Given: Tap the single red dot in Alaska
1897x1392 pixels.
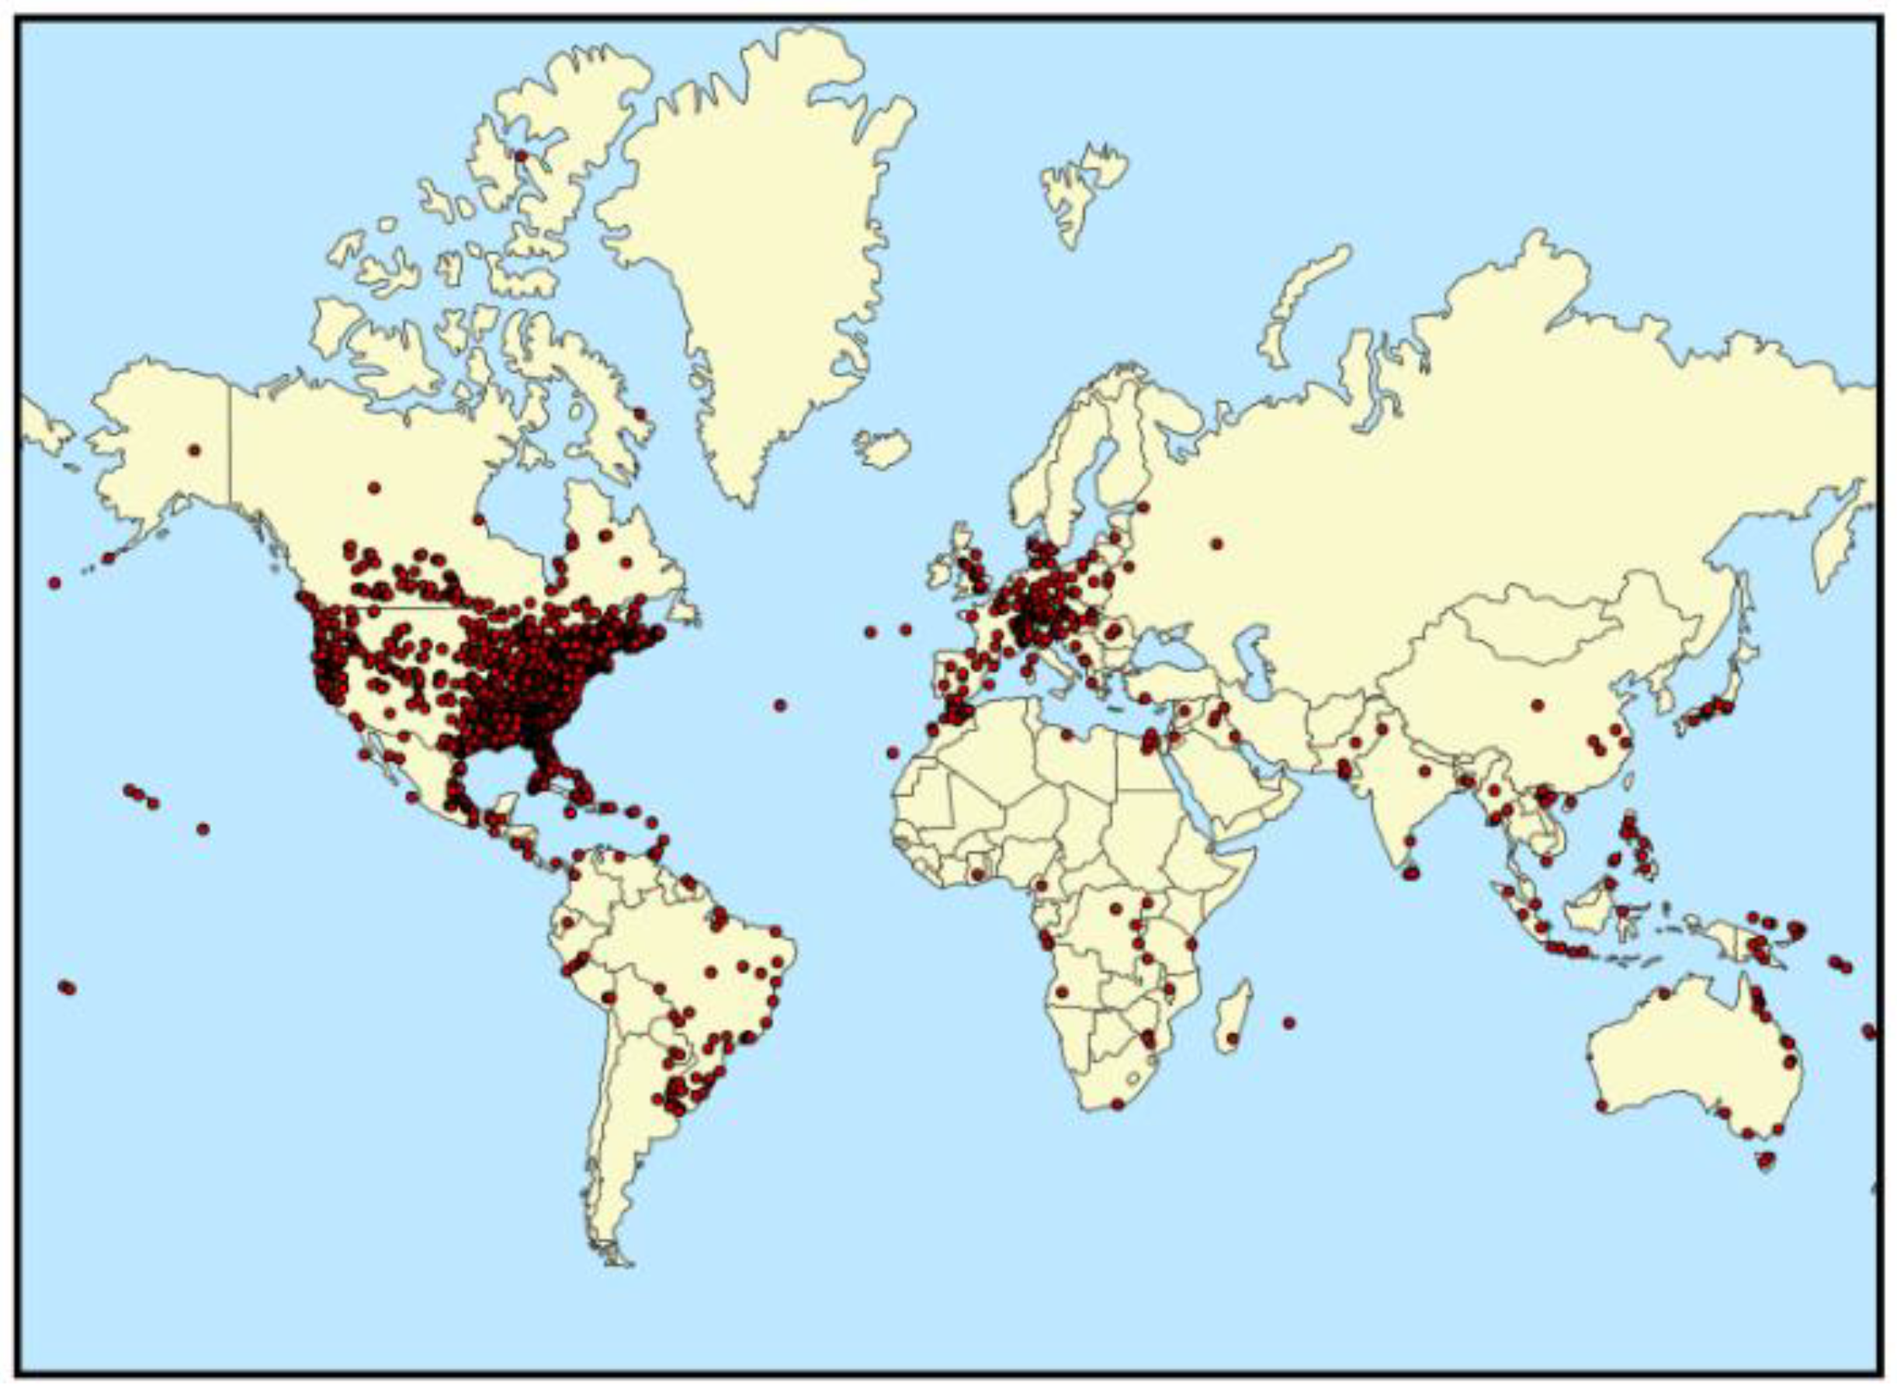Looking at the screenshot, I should pyautogui.click(x=195, y=450).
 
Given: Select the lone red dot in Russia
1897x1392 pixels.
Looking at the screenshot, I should pyautogui.click(x=1216, y=543).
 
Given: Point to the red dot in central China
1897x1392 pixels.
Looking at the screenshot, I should pyautogui.click(x=1538, y=704).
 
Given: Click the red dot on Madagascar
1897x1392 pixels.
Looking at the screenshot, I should pyautogui.click(x=1233, y=1038).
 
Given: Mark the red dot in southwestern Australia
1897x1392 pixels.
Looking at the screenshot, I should pyautogui.click(x=1601, y=1106).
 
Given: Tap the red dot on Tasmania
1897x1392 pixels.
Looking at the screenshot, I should pyautogui.click(x=1765, y=1161).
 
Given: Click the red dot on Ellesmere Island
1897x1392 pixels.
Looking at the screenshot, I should pyautogui.click(x=520, y=156).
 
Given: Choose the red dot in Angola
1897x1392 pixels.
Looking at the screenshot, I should pyautogui.click(x=1063, y=991).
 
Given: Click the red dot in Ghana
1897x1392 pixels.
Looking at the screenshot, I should pyautogui.click(x=977, y=875).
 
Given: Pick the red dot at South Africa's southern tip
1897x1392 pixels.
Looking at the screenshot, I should pyautogui.click(x=1118, y=1104).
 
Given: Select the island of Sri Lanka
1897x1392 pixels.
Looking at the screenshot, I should pyautogui.click(x=1412, y=873).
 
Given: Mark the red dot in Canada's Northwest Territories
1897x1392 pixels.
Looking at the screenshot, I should pyautogui.click(x=374, y=488).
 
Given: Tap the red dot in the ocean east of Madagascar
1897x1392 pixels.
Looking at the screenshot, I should pyautogui.click(x=1288, y=1023).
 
